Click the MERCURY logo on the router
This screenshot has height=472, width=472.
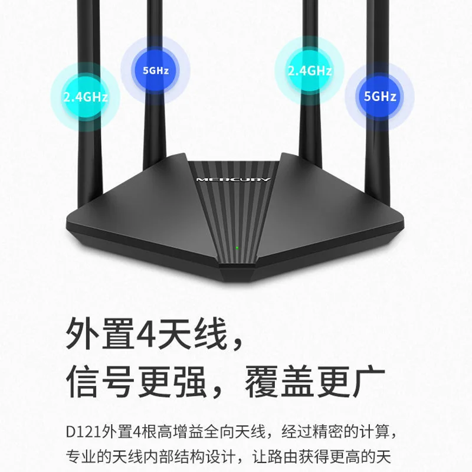pyautogui.click(x=233, y=180)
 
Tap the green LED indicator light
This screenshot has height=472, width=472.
pyautogui.click(x=237, y=248)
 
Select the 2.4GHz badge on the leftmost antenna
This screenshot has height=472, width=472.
pyautogui.click(x=86, y=97)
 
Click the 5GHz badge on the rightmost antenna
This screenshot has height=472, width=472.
pyautogui.click(x=380, y=96)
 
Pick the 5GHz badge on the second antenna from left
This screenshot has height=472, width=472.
pyautogui.click(x=156, y=70)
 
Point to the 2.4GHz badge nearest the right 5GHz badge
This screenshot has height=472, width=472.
pyautogui.click(x=310, y=71)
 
